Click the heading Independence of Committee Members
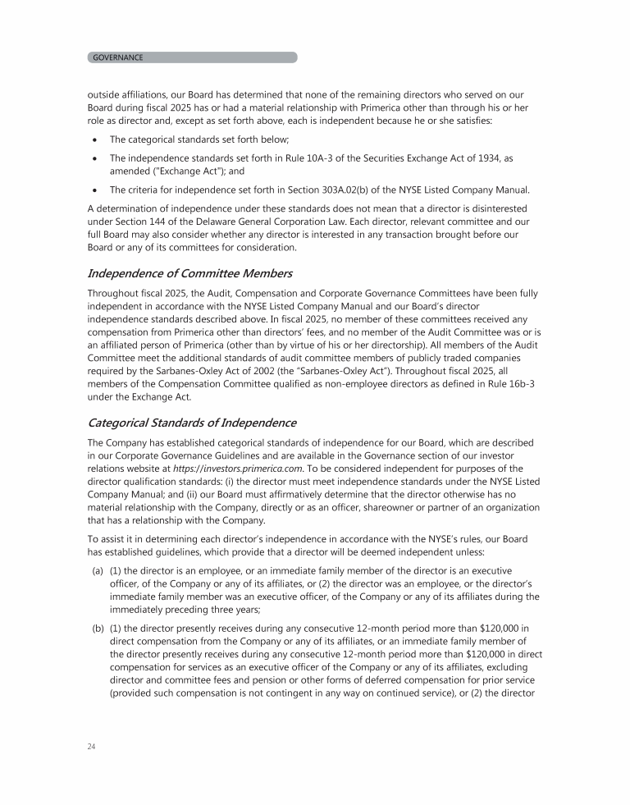pos(190,272)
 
